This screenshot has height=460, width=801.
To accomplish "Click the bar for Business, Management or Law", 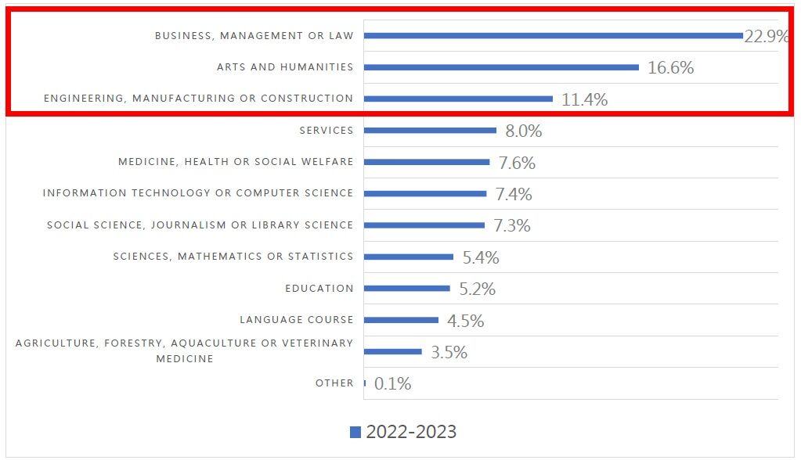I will pyautogui.click(x=553, y=35).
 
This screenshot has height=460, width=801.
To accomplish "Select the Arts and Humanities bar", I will pyautogui.click(x=501, y=67).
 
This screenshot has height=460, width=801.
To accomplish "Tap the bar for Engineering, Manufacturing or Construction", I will pyautogui.click(x=458, y=99).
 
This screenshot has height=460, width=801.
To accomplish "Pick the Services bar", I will pyautogui.click(x=430, y=131).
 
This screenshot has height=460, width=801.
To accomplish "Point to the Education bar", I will pyautogui.click(x=406, y=288).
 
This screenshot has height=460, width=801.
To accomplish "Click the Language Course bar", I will pyautogui.click(x=401, y=320).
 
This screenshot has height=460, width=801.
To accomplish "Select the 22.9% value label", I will pyautogui.click(x=766, y=36).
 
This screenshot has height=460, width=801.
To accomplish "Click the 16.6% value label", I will pyautogui.click(x=671, y=68).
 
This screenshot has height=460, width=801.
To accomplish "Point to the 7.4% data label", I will pyautogui.click(x=514, y=194).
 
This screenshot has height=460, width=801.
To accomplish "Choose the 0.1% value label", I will pyautogui.click(x=393, y=384).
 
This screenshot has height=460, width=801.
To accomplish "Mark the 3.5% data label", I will pyautogui.click(x=449, y=352).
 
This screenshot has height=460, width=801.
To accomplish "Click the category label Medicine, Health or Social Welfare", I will pyautogui.click(x=236, y=162).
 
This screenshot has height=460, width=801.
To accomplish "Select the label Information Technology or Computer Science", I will pyautogui.click(x=198, y=193).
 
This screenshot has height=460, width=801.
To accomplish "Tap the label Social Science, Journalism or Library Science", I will pyautogui.click(x=200, y=225).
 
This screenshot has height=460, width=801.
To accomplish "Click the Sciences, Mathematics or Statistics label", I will pyautogui.click(x=233, y=257).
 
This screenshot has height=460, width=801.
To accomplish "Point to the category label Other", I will pyautogui.click(x=334, y=383).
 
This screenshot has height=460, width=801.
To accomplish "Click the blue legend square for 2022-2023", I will pyautogui.click(x=355, y=432).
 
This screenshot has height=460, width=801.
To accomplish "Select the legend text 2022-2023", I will pyautogui.click(x=411, y=432).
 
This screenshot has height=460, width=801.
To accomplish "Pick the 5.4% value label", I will pyautogui.click(x=481, y=257).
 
